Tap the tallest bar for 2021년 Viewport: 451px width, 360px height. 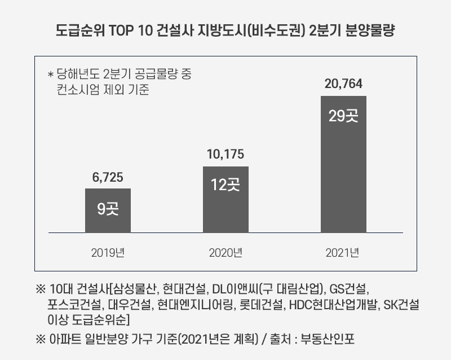pyautogui.click(x=343, y=164)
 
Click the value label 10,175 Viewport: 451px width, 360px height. pyautogui.click(x=225, y=155)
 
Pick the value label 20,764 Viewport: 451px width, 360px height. pyautogui.click(x=343, y=85)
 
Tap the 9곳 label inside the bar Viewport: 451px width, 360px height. pyautogui.click(x=108, y=209)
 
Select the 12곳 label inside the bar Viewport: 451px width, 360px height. pyautogui.click(x=225, y=185)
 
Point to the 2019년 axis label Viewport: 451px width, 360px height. pyautogui.click(x=108, y=252)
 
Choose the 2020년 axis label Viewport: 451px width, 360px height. pyautogui.click(x=225, y=252)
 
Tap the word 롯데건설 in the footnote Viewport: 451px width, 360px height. pyautogui.click(x=263, y=306)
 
